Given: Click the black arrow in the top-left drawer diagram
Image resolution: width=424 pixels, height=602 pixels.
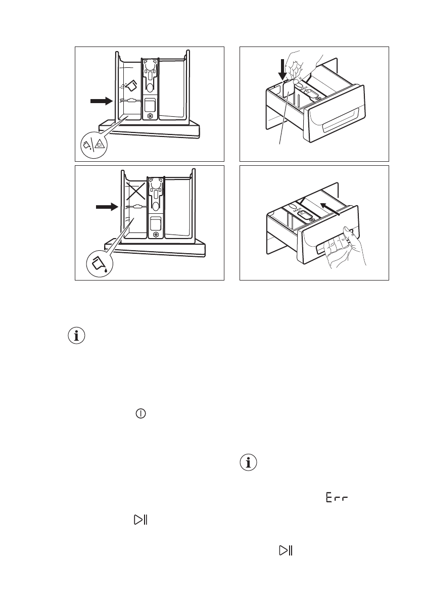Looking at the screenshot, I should click(101, 101).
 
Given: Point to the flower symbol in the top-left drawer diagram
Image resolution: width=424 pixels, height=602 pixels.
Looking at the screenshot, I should click(150, 116).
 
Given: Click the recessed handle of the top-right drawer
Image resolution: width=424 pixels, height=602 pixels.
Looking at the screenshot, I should click(344, 124).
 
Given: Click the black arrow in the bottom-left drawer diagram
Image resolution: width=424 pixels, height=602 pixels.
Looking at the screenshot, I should click(106, 207).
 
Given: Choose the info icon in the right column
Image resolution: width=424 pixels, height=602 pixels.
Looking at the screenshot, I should click(248, 462).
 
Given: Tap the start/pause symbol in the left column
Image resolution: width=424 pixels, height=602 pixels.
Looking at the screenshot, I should click(140, 519).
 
